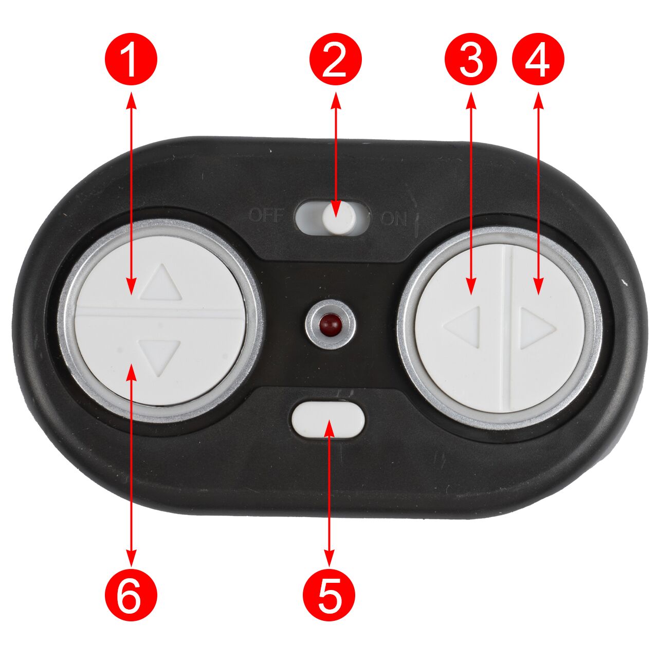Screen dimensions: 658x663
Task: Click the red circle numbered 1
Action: pos(131,59)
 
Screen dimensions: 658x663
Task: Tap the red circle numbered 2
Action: pos(336,59)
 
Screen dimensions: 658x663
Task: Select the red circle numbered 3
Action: pos(471,59)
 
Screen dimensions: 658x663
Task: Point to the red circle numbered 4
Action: pos(539,59)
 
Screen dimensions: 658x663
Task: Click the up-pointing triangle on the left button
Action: pos(161,283)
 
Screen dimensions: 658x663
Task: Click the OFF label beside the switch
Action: pos(265,216)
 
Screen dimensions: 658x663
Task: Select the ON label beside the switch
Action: pos(393,218)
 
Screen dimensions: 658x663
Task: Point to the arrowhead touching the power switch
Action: pos(336,209)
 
